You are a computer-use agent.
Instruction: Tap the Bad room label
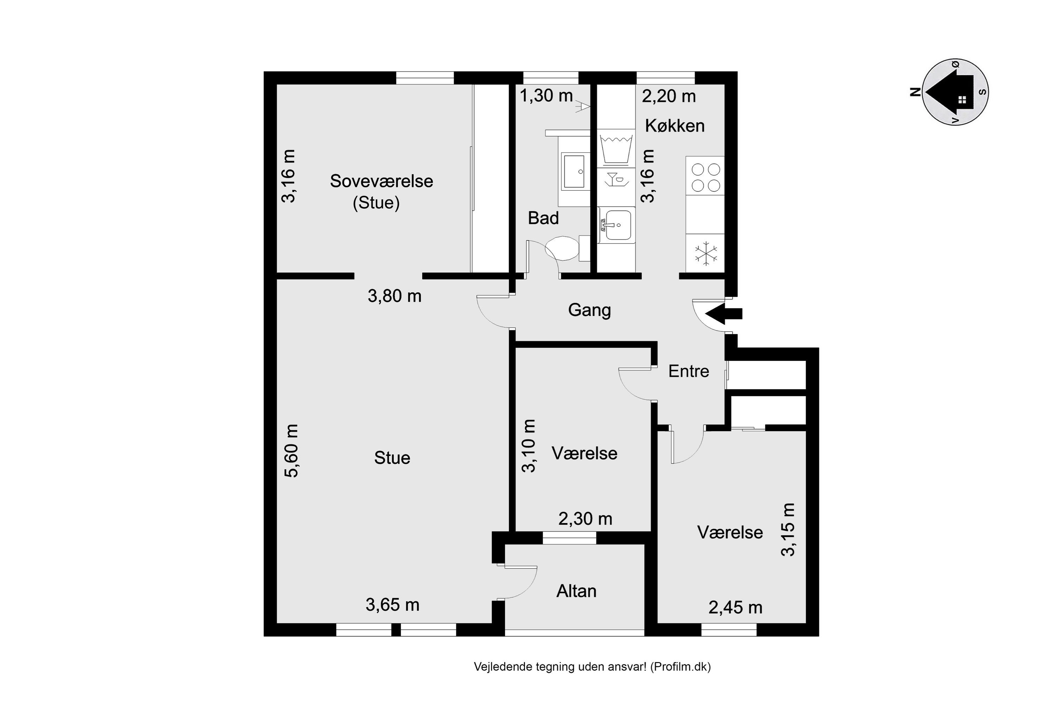tap(544, 218)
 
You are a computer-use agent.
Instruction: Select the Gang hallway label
tap(589, 310)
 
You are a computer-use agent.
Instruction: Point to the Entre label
tap(689, 371)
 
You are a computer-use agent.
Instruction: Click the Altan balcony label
tap(576, 591)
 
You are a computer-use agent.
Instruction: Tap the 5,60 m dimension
tap(291, 451)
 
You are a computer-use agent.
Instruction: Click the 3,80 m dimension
tap(394, 296)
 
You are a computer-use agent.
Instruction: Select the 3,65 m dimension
tap(393, 605)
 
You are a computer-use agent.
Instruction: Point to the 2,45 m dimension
tap(735, 608)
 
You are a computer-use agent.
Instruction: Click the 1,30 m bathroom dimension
tap(546, 95)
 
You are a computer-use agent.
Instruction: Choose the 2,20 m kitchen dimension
tap(669, 96)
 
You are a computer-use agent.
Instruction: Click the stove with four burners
tap(705, 175)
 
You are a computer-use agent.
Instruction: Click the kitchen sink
tap(617, 225)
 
